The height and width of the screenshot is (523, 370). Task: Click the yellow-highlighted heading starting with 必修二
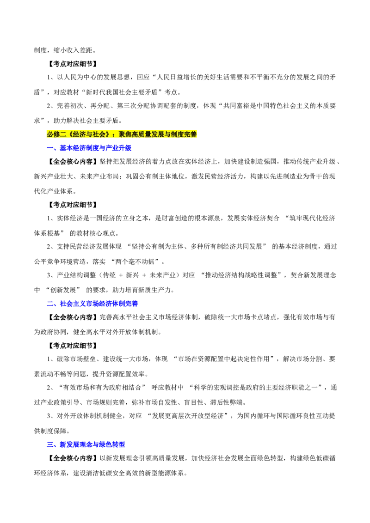(x=122, y=134)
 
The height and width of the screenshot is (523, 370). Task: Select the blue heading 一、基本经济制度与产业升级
(x=89, y=148)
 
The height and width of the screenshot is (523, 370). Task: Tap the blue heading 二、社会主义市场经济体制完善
(x=92, y=304)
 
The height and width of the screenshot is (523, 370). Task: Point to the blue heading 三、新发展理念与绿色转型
(x=86, y=444)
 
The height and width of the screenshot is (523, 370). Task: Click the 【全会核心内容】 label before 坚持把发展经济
(x=72, y=162)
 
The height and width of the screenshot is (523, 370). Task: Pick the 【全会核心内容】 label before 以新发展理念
(x=72, y=458)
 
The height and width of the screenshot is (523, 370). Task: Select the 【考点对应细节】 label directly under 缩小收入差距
(x=72, y=64)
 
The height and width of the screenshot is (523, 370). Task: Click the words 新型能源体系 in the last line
(x=165, y=473)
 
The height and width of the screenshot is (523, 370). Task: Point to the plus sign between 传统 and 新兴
(x=121, y=275)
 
